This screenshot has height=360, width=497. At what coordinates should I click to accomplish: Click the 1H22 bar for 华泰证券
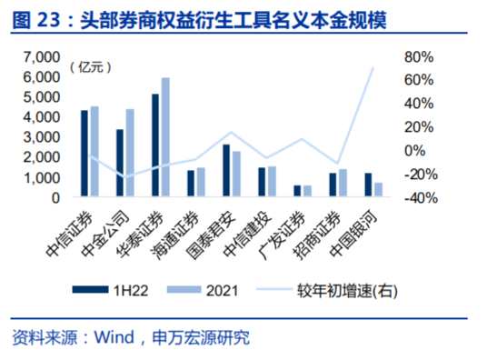pyautogui.click(x=155, y=145)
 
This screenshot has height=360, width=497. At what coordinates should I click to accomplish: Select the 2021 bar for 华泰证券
pyautogui.click(x=165, y=137)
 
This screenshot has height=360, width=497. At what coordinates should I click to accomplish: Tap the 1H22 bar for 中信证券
pyautogui.click(x=84, y=154)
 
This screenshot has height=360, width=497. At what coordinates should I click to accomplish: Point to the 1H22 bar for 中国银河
pyautogui.click(x=369, y=185)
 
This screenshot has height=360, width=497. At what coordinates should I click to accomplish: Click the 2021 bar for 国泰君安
pyautogui.click(x=236, y=174)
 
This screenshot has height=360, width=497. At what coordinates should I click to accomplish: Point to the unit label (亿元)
pyautogui.click(x=90, y=68)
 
